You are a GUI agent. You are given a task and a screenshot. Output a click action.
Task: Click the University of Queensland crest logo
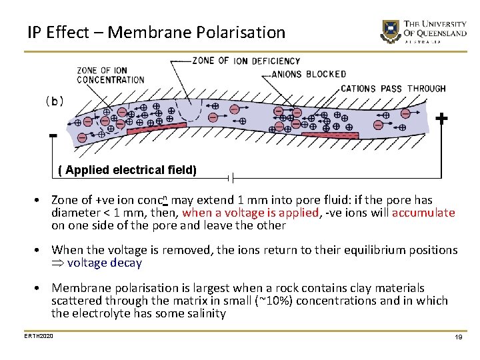(x=389, y=31)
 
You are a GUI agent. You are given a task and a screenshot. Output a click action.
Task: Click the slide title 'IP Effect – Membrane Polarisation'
(x=157, y=32)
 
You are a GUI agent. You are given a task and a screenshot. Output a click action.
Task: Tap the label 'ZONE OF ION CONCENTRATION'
(x=111, y=75)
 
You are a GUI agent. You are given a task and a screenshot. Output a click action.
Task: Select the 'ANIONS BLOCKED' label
(x=309, y=74)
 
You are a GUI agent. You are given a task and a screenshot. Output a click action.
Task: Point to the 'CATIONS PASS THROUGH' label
(x=393, y=89)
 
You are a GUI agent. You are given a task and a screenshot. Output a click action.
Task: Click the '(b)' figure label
(x=55, y=101)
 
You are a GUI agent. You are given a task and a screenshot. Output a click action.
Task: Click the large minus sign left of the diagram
(x=53, y=137)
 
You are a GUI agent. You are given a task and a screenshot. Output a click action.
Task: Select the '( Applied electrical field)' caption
(x=127, y=170)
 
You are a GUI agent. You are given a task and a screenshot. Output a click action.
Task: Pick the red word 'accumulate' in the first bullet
(x=423, y=213)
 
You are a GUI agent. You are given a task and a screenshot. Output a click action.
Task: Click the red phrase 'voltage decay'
(x=105, y=263)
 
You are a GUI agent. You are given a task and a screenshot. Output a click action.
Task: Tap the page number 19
(x=459, y=338)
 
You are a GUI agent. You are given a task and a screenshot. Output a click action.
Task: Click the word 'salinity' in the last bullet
(x=205, y=313)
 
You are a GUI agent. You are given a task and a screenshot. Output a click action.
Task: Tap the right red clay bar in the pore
(x=330, y=135)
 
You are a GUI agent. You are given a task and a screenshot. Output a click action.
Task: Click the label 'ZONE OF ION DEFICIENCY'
(x=246, y=61)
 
